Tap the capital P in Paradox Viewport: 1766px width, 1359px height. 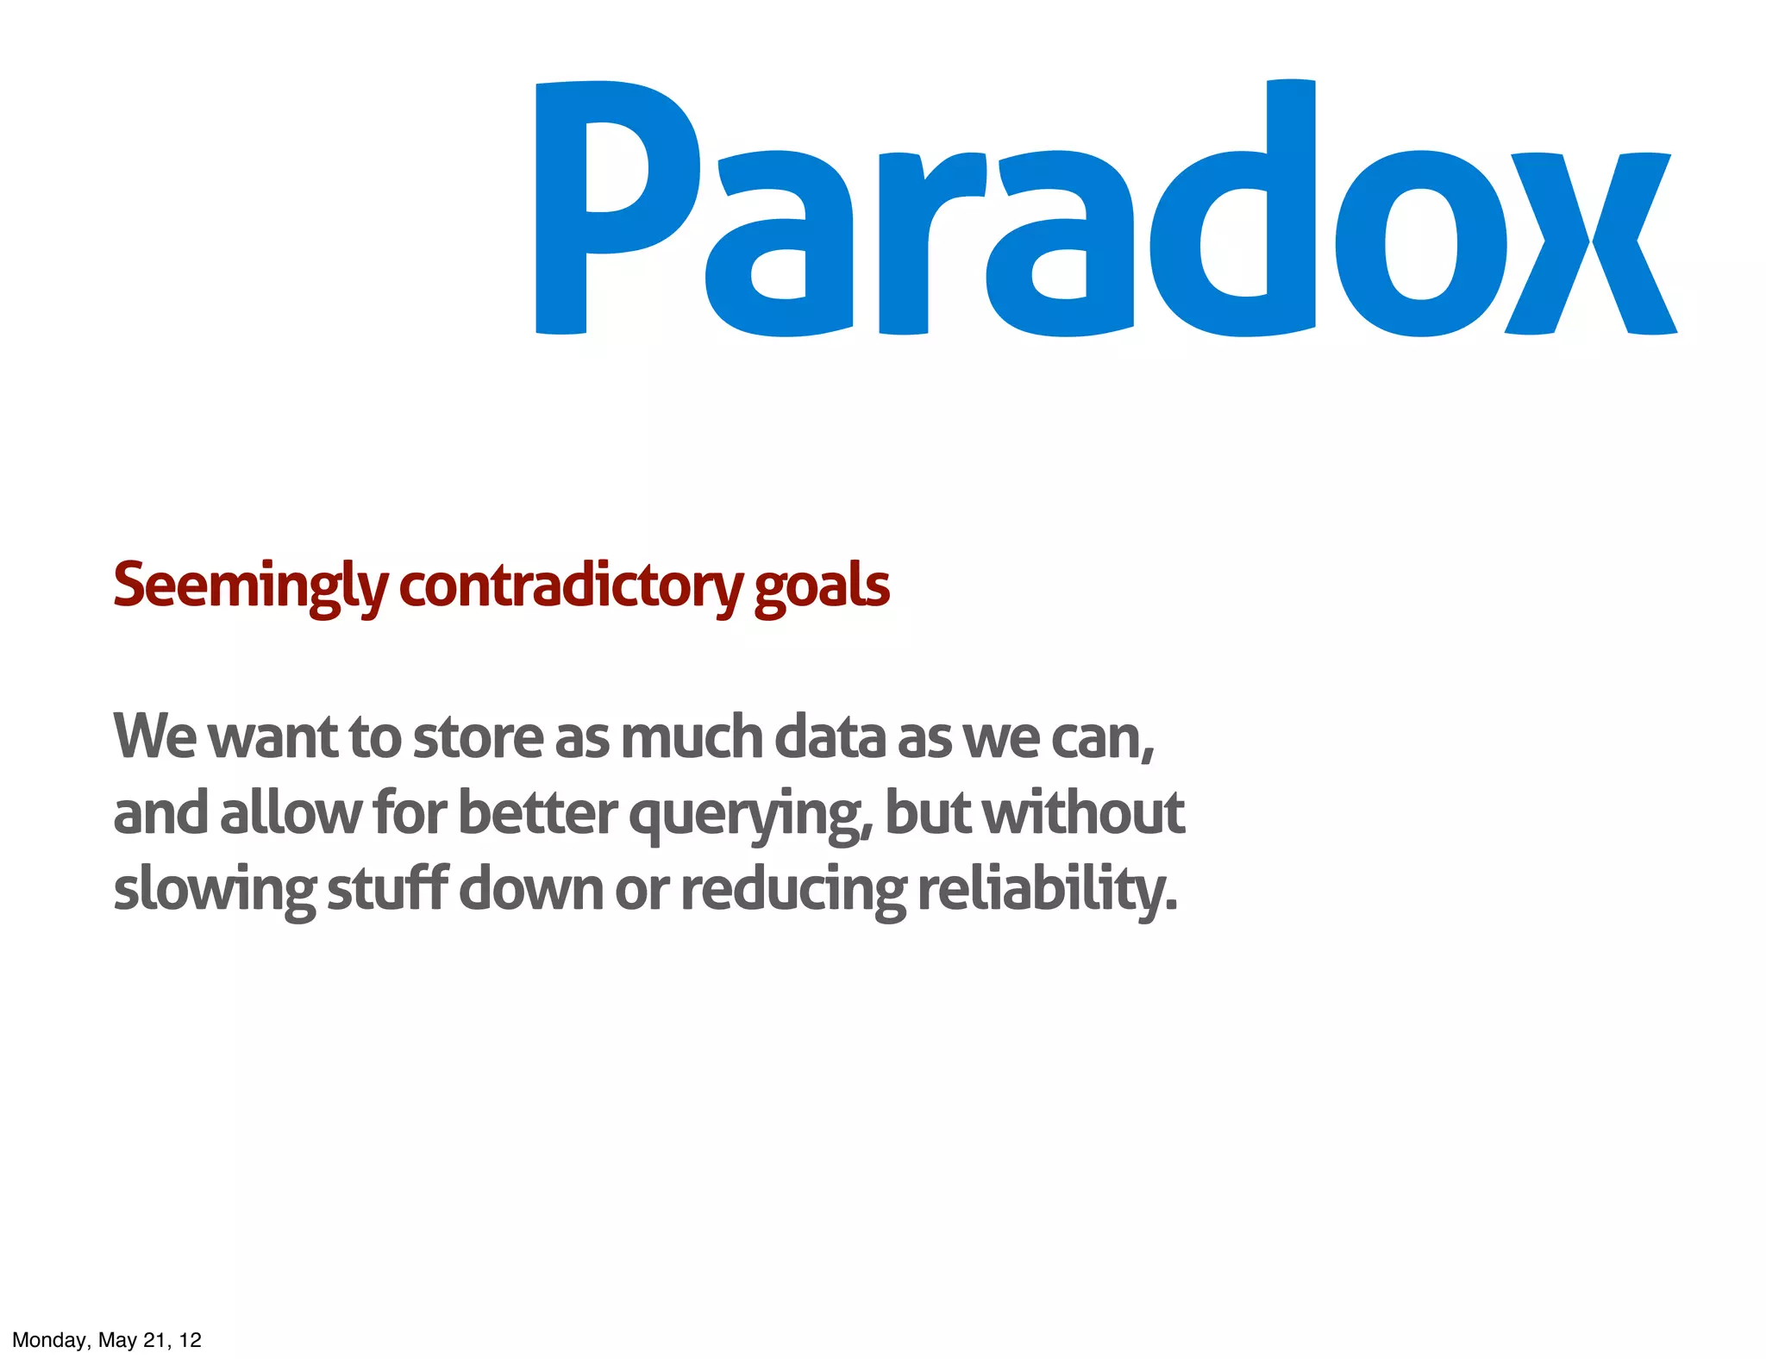coord(604,207)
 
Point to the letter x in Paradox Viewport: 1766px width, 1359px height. coord(1591,243)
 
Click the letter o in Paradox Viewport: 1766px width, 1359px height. coord(1421,244)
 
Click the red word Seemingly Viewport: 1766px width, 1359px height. coord(250,586)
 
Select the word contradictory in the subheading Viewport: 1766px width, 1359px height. coord(570,586)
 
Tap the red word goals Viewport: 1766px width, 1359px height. coord(822,586)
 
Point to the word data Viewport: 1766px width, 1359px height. coord(830,738)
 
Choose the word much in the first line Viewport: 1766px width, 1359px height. coord(692,738)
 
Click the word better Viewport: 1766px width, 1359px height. coord(537,812)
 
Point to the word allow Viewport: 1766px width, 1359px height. coord(291,812)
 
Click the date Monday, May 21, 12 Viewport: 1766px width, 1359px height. coord(107,1340)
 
